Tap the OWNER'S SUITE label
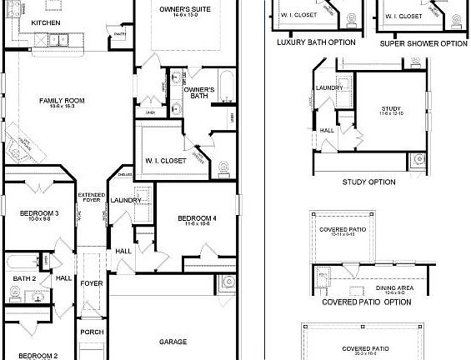coord(185,9)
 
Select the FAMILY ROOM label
coord(57,101)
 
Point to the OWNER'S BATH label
coord(199,92)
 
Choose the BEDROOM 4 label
coord(197,218)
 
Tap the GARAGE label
coord(173,342)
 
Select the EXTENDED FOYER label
coord(91,198)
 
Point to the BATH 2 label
coord(23,278)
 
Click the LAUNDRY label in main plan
coord(124,200)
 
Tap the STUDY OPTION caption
coord(368,182)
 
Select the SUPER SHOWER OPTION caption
coord(423,43)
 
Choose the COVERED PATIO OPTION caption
coord(367,302)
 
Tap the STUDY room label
coord(391,108)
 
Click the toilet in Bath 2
coord(14,293)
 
